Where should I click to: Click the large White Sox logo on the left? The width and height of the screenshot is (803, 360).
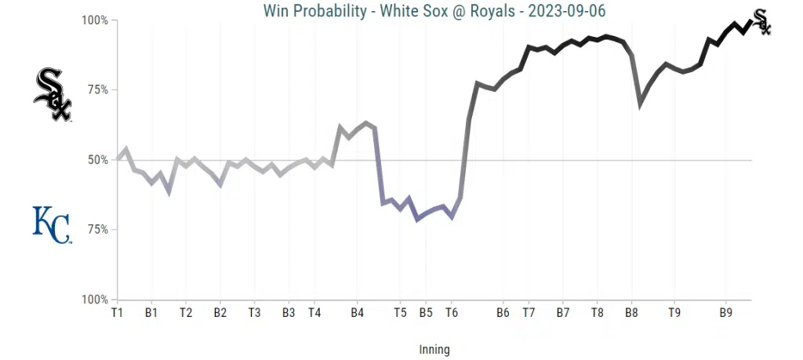tap(53, 94)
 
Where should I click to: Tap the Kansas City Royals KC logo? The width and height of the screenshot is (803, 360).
tap(51, 224)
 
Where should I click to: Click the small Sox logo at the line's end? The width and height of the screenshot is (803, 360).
tap(761, 22)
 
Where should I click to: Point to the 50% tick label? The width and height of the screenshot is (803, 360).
tap(97, 160)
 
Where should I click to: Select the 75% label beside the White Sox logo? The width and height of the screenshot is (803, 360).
tap(97, 90)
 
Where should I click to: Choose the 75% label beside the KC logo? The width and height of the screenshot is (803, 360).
tap(97, 230)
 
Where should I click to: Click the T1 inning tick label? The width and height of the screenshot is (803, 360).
tap(118, 312)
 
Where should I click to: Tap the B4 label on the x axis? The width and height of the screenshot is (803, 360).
tap(357, 312)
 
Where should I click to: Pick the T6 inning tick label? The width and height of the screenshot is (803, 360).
tap(452, 312)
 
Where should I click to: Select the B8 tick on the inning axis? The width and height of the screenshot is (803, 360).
tap(631, 312)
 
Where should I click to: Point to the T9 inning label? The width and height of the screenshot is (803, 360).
tap(674, 312)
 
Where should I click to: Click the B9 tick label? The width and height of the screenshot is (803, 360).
tap(726, 312)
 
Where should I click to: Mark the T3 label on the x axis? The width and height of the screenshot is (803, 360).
tap(254, 312)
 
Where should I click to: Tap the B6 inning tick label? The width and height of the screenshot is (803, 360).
tap(503, 312)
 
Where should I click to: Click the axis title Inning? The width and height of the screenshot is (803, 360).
tap(434, 349)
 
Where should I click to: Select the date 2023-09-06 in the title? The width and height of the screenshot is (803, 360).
tap(569, 10)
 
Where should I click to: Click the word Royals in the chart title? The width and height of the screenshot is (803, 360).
tap(490, 10)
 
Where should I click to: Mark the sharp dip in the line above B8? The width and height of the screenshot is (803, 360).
tap(641, 103)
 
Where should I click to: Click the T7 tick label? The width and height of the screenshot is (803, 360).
tap(529, 312)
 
